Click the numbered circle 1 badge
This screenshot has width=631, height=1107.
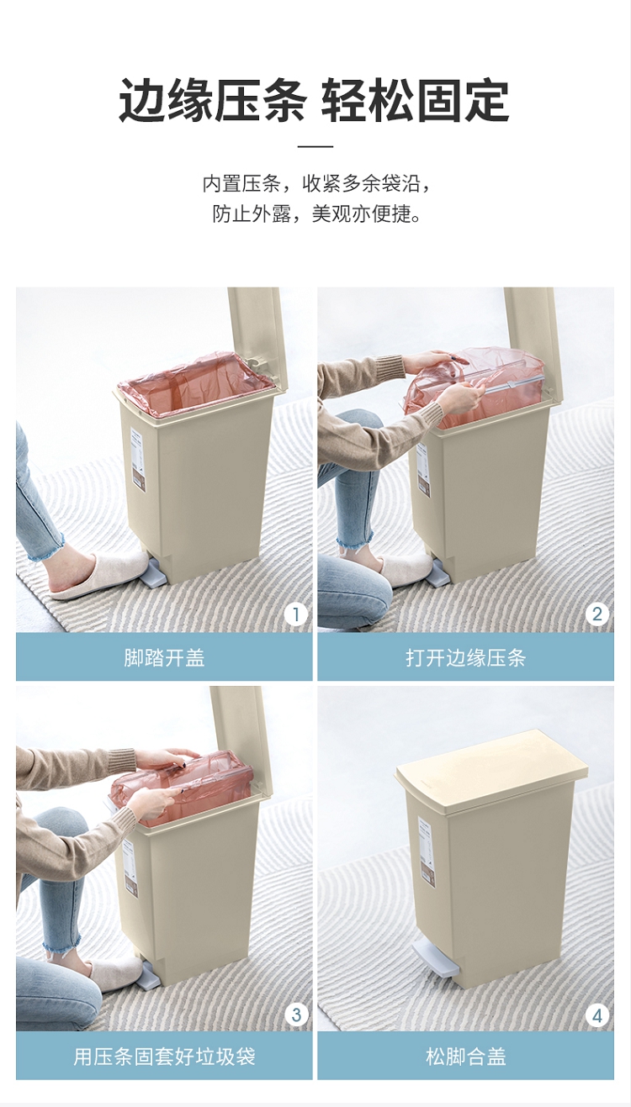295,614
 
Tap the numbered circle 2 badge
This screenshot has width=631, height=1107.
597,614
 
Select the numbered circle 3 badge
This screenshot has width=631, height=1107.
295,1015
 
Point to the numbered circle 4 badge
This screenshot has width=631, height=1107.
597,1015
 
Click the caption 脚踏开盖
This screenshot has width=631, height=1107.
164,658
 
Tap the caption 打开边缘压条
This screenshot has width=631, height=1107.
465,658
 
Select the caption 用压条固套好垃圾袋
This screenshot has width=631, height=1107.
164,1057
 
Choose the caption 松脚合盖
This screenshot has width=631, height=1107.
466,1057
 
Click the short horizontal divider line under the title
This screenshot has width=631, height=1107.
315,146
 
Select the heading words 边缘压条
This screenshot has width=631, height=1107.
212,100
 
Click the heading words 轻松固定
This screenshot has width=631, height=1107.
416,100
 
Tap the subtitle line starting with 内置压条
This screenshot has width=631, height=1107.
316,184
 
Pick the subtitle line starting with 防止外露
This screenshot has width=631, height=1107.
316,214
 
